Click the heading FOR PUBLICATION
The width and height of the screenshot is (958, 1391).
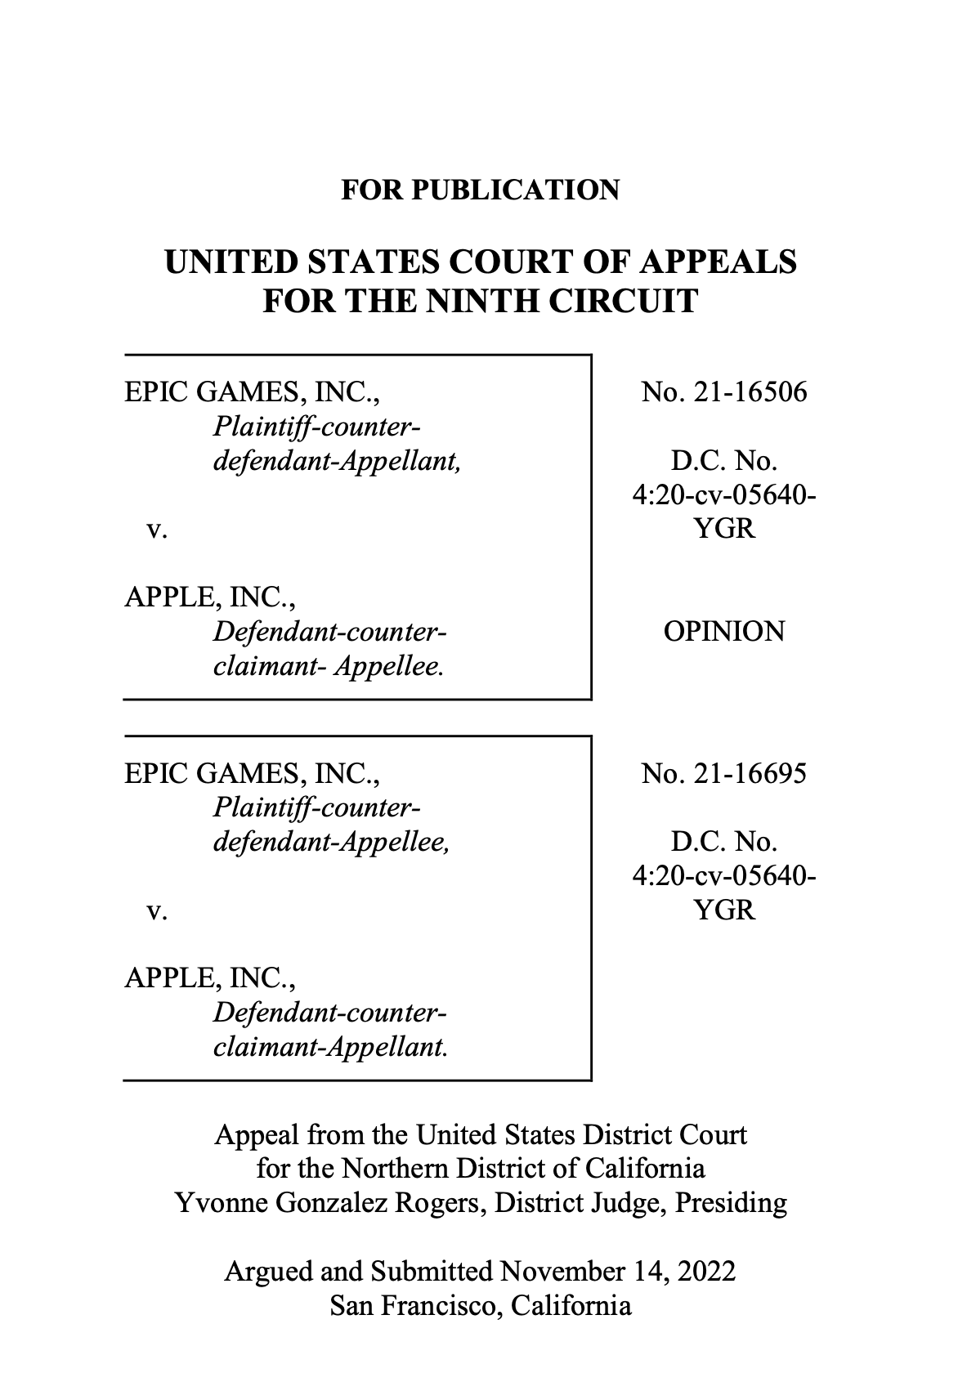coord(481,190)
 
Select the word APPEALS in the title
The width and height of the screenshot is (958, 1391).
coord(718,261)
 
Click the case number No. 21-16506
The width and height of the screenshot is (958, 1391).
coord(723,391)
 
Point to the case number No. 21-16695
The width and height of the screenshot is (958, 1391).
coord(723,773)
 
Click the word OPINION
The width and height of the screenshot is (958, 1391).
coord(723,632)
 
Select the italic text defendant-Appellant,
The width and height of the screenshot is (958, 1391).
coord(338,462)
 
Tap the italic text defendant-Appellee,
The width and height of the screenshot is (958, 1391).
coord(331,843)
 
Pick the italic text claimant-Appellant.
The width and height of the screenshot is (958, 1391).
coord(330,1048)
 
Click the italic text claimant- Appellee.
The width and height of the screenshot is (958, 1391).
coord(329,666)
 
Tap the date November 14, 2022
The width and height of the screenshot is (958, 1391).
coord(617,1271)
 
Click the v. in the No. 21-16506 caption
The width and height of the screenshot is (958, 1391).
coord(158,530)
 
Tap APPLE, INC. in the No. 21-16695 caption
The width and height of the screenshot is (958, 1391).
coord(210,978)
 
